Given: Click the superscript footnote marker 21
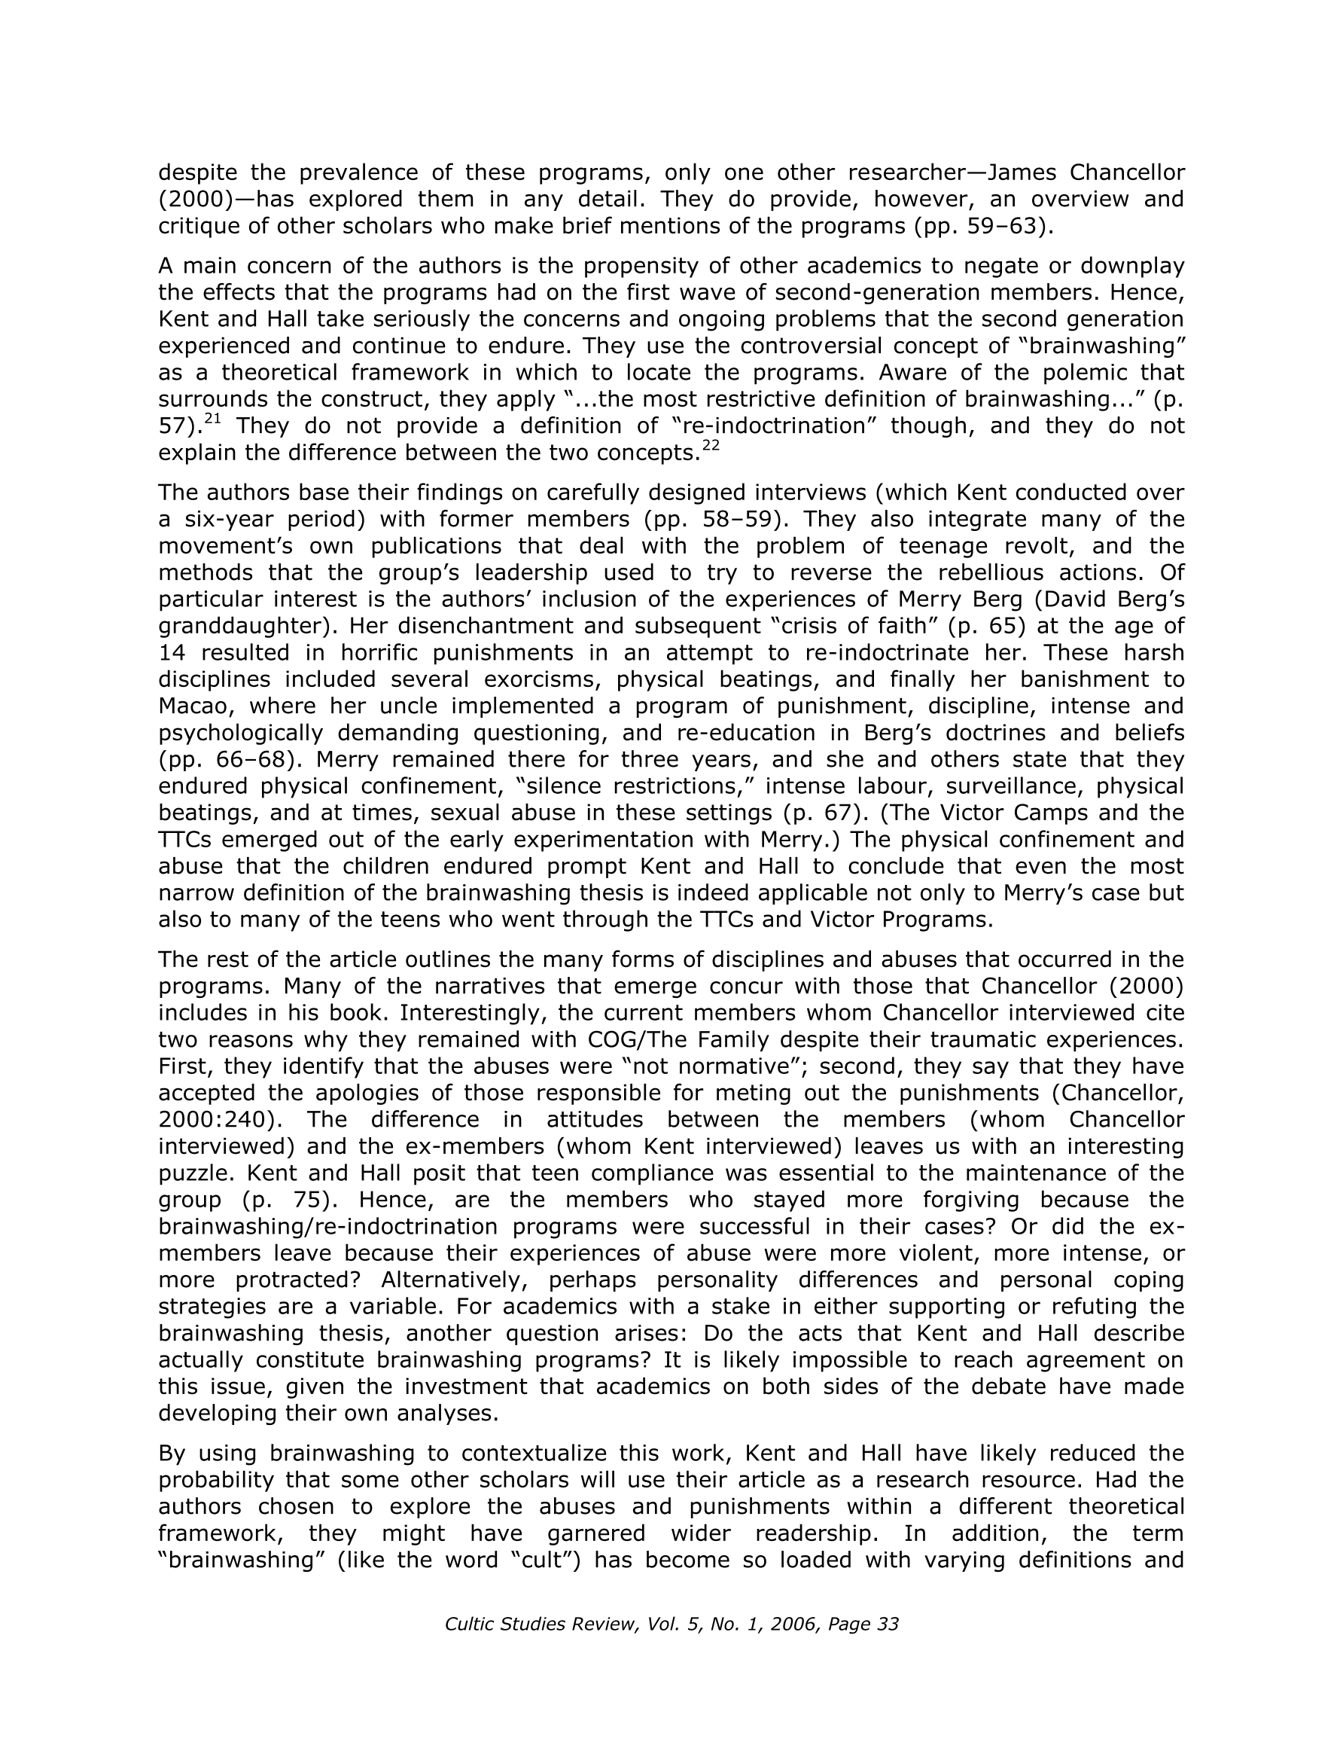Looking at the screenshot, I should (212, 419).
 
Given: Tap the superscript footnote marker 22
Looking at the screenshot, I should (711, 446).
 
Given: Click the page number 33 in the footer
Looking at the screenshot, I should (886, 1625).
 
